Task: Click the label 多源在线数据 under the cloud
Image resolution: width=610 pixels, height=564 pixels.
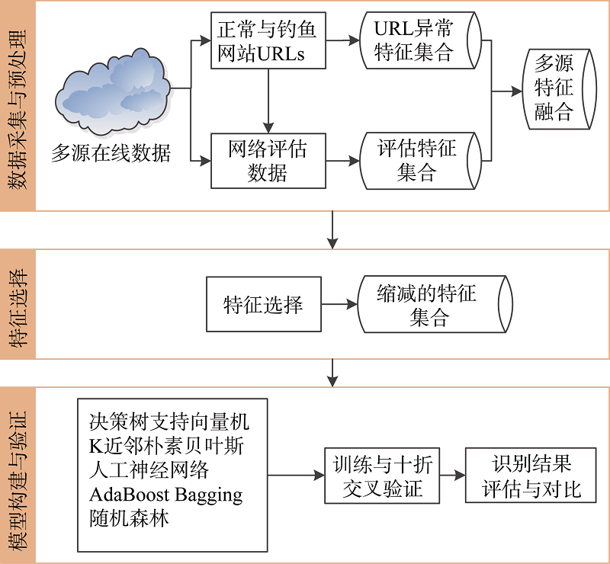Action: pos(111,152)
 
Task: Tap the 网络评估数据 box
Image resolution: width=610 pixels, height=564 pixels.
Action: pos(268,161)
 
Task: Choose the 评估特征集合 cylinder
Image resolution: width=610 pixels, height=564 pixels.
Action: pos(420,161)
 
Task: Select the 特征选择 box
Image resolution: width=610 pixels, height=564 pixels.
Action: pos(263,305)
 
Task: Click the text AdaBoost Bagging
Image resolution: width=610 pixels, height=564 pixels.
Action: pos(165,494)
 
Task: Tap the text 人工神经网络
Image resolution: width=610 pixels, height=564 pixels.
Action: pos(149,469)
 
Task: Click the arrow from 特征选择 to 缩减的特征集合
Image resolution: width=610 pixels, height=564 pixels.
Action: pos(339,305)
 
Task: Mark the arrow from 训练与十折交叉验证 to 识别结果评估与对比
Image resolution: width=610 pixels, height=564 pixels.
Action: pos(453,476)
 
